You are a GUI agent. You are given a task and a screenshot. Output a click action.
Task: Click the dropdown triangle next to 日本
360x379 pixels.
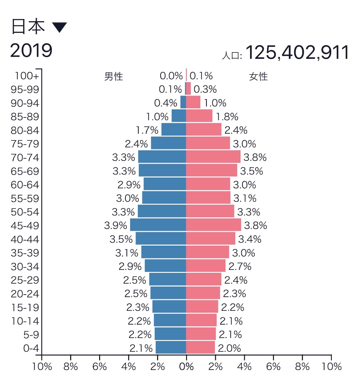click(59, 28)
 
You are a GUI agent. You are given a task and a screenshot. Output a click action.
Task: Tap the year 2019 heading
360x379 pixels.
click(31, 51)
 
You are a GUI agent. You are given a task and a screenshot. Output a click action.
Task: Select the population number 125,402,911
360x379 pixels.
click(297, 53)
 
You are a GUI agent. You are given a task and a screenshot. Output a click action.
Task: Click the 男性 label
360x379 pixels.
click(114, 77)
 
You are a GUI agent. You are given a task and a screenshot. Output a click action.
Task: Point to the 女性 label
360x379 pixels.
click(258, 77)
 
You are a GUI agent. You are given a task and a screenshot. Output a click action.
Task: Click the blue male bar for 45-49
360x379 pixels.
click(158, 225)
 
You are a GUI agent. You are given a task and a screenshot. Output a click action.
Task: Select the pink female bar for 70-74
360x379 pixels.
click(213, 157)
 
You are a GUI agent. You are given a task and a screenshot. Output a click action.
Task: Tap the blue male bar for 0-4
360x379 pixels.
click(171, 348)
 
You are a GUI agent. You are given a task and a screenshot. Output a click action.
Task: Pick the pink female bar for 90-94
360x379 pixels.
click(193, 103)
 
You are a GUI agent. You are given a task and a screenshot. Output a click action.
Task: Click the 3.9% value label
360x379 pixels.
click(116, 225)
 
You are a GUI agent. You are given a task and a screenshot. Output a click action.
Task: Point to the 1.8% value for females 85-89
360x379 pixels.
click(227, 117)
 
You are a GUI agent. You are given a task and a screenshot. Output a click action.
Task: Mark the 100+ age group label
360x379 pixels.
click(27, 76)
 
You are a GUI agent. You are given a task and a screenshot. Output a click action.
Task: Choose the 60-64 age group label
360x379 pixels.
click(26, 185)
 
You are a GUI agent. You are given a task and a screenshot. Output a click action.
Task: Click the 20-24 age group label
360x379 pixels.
click(26, 294)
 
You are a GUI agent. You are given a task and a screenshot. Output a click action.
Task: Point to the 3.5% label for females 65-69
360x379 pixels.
click(252, 171)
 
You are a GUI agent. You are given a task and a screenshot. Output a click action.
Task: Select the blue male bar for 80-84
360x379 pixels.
click(174, 130)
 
